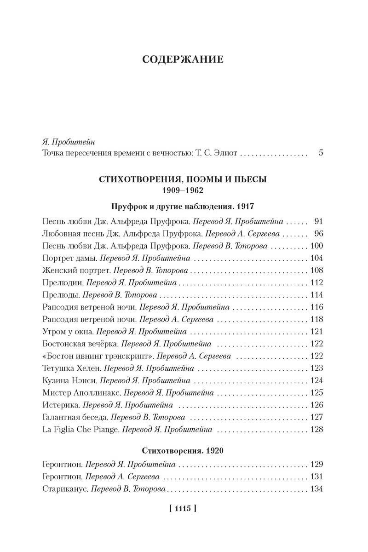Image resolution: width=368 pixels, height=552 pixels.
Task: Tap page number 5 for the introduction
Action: coord(321,153)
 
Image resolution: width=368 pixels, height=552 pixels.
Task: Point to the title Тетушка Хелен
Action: coord(71,368)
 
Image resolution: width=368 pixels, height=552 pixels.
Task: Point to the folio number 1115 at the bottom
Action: coord(183,508)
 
